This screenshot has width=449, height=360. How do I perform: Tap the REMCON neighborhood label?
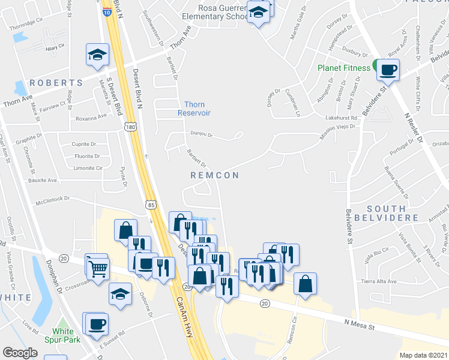point(214,175)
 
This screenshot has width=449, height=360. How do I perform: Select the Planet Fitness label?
point(344,68)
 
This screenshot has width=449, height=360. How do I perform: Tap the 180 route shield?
point(130,127)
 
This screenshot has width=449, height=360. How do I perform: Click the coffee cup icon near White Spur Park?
point(96,325)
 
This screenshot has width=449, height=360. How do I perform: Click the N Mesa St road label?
point(360,326)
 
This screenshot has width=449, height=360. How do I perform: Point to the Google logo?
point(20,353)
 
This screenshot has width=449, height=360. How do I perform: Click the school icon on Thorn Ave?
point(97,55)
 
